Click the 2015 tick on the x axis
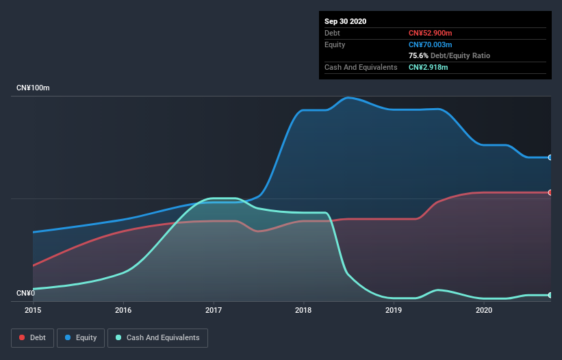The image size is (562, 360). tap(33, 310)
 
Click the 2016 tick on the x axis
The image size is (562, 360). tap(123, 310)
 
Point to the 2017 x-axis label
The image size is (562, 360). tap(214, 310)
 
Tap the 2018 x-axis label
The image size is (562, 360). tap(303, 310)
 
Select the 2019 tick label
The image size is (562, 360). tap(394, 310)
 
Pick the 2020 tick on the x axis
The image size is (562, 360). tap(484, 310)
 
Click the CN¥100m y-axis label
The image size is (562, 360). tap(34, 88)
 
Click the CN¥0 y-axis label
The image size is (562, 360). tap(25, 294)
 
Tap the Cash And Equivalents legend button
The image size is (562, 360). tap(157, 337)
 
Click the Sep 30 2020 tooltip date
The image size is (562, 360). tap(346, 21)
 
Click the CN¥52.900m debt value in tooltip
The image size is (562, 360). tap(430, 33)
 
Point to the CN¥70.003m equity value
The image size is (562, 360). tap(430, 44)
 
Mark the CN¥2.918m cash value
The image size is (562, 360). tap(428, 67)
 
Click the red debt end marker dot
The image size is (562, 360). tap(550, 192)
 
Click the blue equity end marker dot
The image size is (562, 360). tap(550, 157)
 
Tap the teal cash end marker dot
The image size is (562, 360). tap(550, 295)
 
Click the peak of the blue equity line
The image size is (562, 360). tap(348, 97)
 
